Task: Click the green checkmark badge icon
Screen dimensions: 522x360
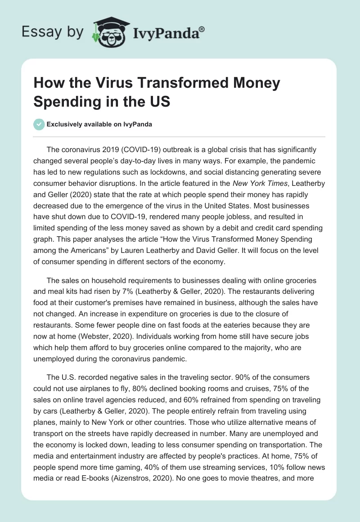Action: [x=40, y=124]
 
